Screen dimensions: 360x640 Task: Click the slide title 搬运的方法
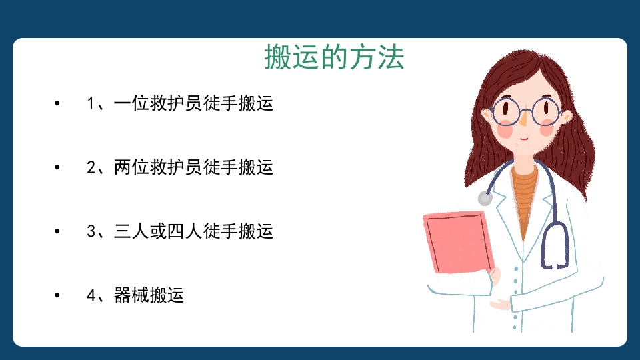coord(334,58)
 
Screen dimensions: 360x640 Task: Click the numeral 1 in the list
coord(92,104)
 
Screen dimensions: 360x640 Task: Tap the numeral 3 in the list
coord(92,231)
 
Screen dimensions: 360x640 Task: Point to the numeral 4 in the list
coord(92,295)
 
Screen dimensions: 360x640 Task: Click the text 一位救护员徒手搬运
coord(193,104)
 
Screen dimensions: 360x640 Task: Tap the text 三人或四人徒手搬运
coord(193,231)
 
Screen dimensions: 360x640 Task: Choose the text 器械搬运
coord(149,295)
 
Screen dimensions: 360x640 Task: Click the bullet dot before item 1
coord(57,104)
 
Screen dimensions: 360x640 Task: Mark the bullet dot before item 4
coord(57,295)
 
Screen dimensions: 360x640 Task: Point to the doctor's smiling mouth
coord(524,138)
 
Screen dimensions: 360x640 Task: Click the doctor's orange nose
coord(525,121)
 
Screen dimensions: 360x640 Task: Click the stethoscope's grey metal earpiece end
coord(485,198)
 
